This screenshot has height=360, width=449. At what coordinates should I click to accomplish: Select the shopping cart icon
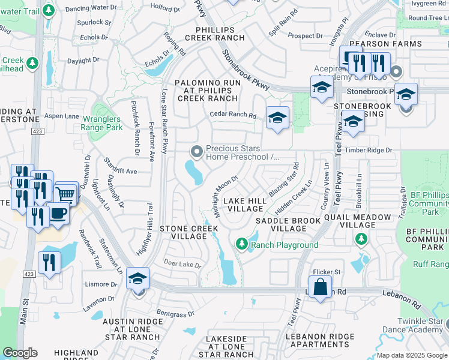[66, 194]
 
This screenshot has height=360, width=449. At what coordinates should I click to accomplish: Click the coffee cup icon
[58, 214]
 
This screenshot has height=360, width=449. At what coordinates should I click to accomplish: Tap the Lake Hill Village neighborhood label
[243, 204]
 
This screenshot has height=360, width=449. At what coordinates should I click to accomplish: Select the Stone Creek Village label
[184, 232]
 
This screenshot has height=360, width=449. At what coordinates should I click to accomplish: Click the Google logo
[20, 353]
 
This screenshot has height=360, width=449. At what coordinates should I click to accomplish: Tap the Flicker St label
[328, 272]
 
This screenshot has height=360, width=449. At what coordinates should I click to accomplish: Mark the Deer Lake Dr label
[182, 262]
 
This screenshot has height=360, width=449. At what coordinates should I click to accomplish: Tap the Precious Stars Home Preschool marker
[195, 150]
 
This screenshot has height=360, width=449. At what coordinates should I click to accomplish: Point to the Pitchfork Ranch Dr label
[135, 127]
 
